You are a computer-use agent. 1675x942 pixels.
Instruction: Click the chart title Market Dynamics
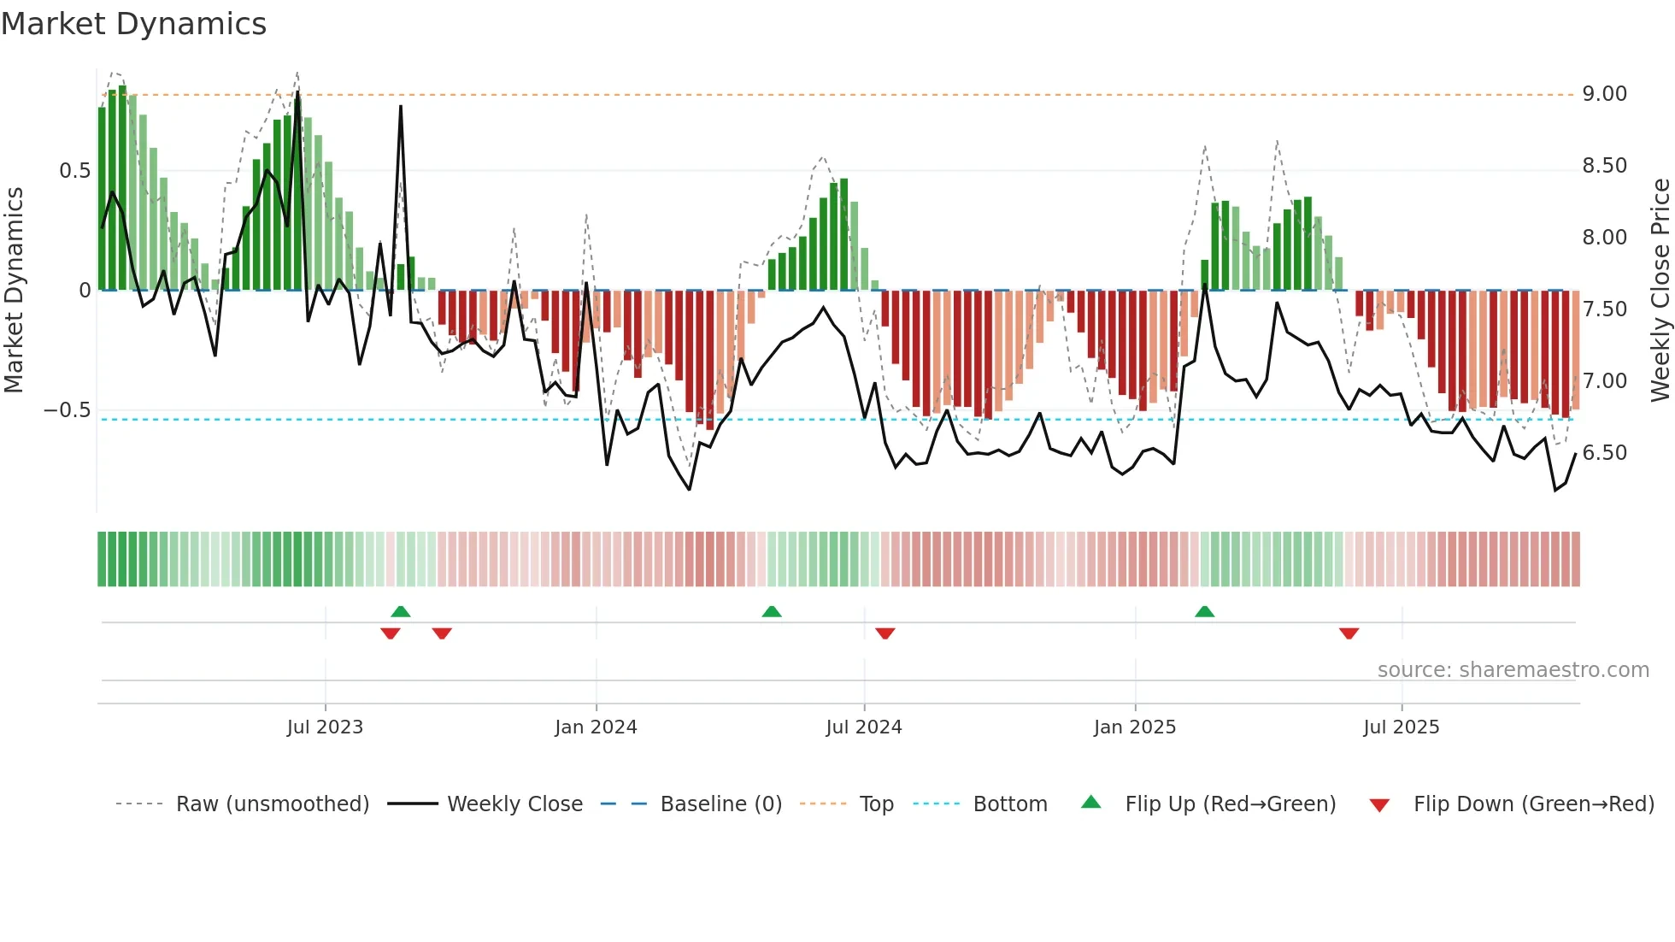[x=134, y=24]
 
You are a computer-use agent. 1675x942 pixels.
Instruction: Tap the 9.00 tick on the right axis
[x=1604, y=94]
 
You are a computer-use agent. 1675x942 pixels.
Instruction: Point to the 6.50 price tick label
[x=1604, y=453]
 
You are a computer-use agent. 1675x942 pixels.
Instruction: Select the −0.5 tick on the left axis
[x=67, y=410]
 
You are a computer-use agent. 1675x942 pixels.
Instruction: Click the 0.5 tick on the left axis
[x=74, y=171]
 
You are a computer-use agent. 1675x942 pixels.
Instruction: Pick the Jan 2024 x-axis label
[x=596, y=727]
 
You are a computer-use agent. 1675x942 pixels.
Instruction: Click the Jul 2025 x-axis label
[x=1401, y=727]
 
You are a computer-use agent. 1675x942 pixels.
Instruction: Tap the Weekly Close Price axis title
[x=1660, y=291]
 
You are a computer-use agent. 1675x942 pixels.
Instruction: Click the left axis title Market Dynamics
[x=14, y=291]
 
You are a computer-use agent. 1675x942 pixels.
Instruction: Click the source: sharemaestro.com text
[x=1513, y=670]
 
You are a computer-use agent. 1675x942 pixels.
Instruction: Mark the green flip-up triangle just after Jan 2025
[x=1204, y=612]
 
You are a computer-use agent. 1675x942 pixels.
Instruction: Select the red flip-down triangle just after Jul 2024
[x=885, y=633]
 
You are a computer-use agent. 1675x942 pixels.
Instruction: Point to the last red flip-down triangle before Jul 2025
[x=1349, y=633]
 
